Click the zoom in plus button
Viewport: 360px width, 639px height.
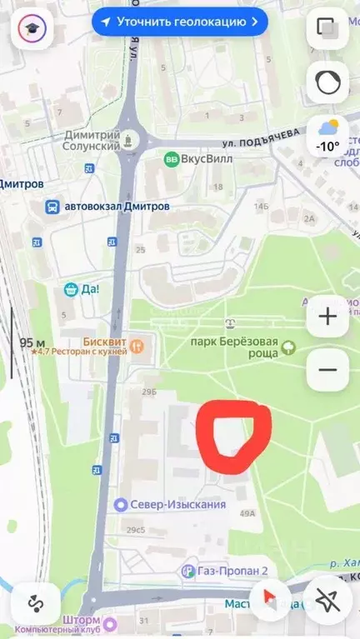point(327,317)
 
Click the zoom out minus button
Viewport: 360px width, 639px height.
point(327,370)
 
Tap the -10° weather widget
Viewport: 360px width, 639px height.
point(327,135)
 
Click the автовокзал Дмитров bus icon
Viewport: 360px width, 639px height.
point(52,206)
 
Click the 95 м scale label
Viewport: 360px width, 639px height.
point(32,342)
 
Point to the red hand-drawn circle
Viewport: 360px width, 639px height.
point(233,437)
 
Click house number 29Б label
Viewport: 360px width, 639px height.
point(148,391)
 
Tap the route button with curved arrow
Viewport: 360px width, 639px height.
point(35,602)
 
